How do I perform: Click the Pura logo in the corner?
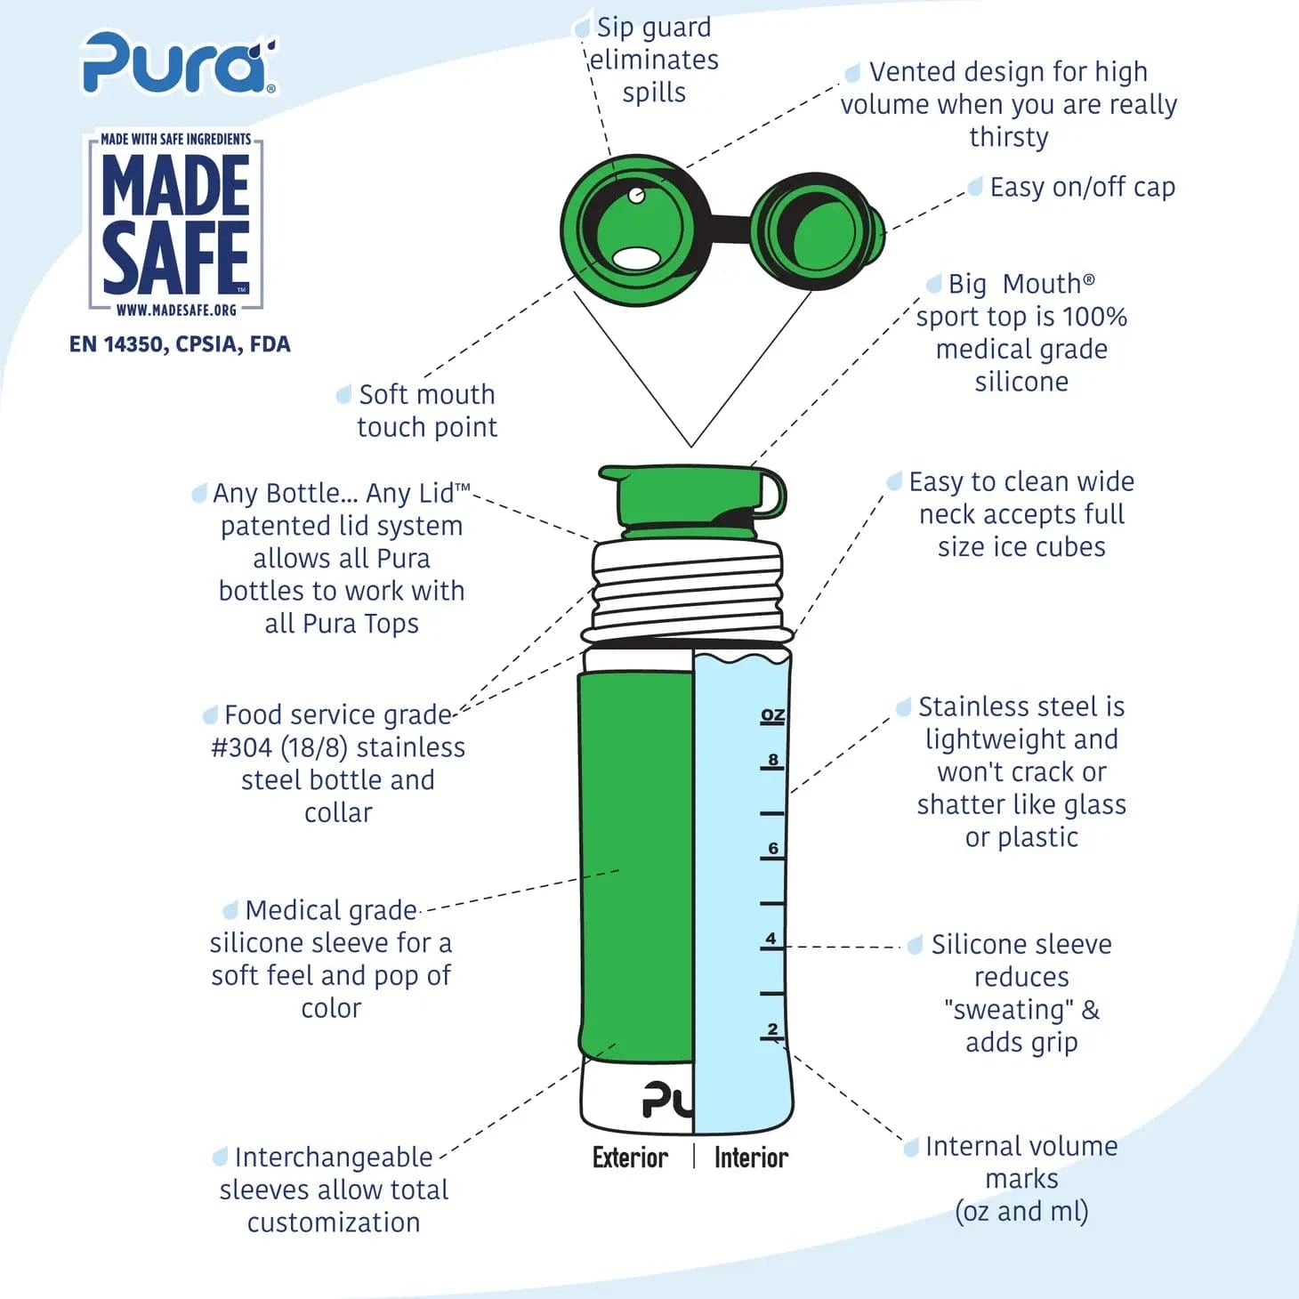179,62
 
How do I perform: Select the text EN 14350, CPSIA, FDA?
180,344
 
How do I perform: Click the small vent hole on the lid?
636,196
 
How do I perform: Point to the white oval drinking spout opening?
637,257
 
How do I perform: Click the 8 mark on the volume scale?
773,760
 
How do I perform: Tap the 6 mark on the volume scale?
773,848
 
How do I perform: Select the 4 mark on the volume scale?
771,939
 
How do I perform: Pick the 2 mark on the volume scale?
772,1029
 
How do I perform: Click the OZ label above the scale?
772,715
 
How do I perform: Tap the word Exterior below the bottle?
630,1158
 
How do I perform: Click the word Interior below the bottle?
751,1158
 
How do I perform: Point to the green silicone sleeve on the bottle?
635,867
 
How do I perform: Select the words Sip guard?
654,28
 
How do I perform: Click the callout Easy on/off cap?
1083,188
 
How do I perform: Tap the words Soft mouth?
427,395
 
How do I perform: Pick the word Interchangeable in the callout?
334,1157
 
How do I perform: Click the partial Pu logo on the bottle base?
667,1100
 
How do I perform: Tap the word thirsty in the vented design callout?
1008,137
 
